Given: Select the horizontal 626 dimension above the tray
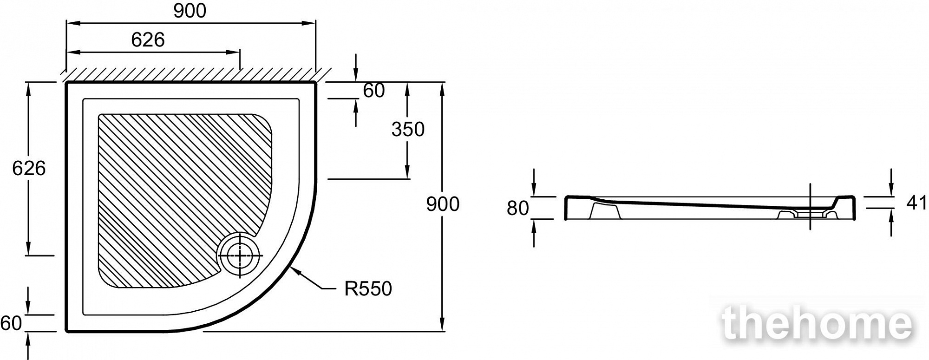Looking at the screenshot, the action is pyautogui.click(x=148, y=40).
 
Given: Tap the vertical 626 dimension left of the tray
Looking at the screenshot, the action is pyautogui.click(x=29, y=168).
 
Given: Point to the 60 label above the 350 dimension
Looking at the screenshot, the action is pyautogui.click(x=373, y=91).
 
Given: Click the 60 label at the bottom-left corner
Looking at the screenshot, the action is pyautogui.click(x=11, y=323).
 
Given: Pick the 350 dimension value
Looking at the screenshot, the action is pyautogui.click(x=408, y=129).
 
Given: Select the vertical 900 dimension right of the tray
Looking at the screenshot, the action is pyautogui.click(x=443, y=204).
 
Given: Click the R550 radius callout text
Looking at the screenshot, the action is pyautogui.click(x=368, y=288).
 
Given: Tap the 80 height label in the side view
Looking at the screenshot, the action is pyautogui.click(x=517, y=208).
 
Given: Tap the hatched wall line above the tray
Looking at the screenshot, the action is pyautogui.click(x=195, y=74).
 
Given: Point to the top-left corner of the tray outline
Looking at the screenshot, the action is pyautogui.click(x=67, y=83).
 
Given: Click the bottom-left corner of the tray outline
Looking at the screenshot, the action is pyautogui.click(x=67, y=331).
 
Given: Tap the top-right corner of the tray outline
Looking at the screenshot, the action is pyautogui.click(x=315, y=83).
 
